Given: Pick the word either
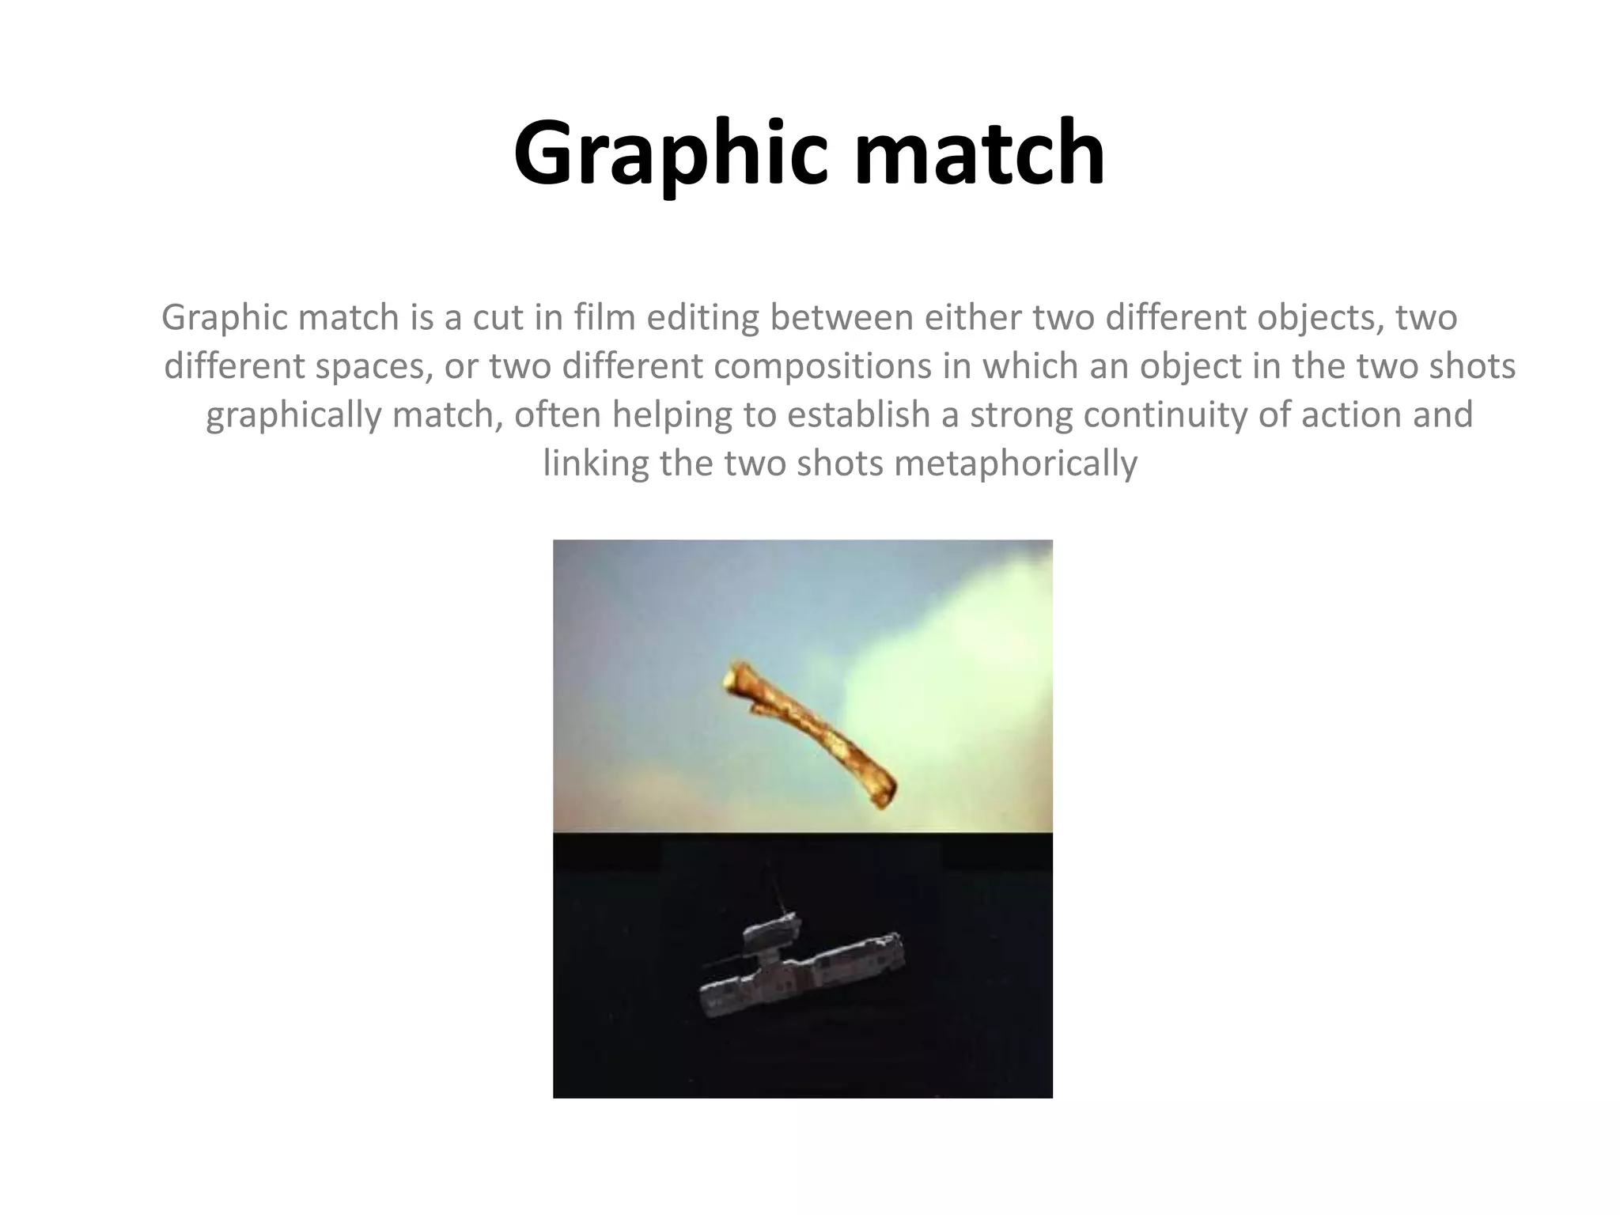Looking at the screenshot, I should pos(972,318).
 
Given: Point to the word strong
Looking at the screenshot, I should pos(1021,415).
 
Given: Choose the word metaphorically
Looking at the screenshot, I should pos(1016,464).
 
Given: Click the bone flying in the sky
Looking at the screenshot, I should pos(812,735).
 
